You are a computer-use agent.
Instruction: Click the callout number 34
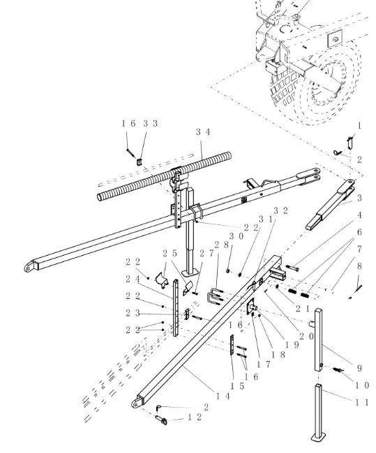tap(202, 131)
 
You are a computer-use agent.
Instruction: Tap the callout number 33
tap(150, 123)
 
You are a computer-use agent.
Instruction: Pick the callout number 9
tap(359, 368)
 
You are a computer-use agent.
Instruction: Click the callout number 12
tap(195, 417)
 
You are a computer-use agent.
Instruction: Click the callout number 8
tap(359, 266)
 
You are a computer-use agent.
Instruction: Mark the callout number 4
tap(359, 215)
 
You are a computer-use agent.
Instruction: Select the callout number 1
tap(359, 125)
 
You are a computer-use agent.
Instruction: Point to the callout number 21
tap(302, 308)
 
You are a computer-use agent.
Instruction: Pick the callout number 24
tap(133, 279)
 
